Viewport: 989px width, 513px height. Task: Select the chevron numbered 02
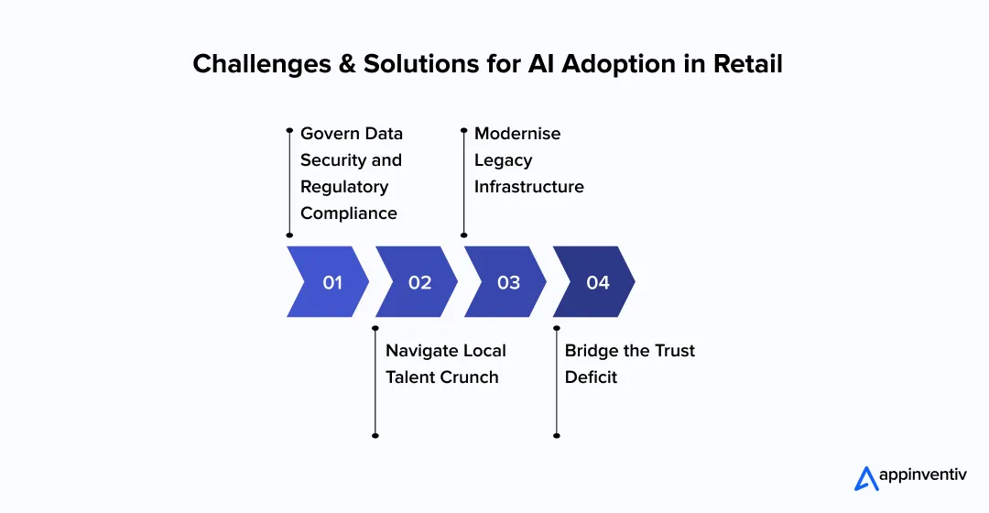click(417, 282)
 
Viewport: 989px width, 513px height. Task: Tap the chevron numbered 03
click(505, 282)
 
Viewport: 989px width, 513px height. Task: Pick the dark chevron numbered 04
click(594, 282)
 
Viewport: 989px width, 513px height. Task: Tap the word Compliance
click(349, 213)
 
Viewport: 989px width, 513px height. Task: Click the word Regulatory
click(344, 187)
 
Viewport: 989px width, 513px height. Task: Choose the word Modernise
click(517, 134)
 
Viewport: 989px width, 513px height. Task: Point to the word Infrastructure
click(528, 187)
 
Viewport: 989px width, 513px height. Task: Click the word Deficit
click(591, 377)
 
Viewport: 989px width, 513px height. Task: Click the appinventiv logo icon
click(865, 478)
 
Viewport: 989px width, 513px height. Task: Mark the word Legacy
click(503, 160)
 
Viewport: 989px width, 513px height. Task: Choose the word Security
click(333, 160)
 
